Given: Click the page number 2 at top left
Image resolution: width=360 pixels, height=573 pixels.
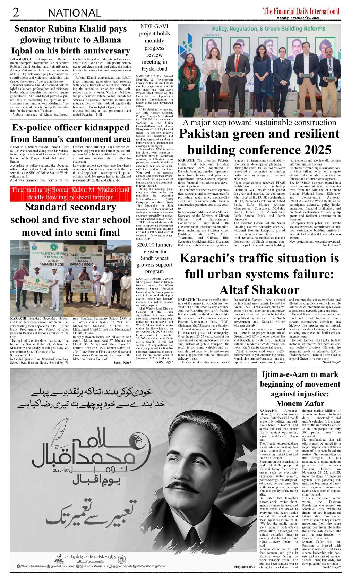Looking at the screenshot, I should [15, 12].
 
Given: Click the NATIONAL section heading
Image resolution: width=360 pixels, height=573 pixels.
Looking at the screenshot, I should [75, 13].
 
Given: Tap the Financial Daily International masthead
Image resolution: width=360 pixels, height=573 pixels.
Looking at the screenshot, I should [301, 11].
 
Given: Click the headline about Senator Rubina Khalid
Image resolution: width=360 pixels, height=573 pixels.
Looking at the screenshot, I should [70, 40].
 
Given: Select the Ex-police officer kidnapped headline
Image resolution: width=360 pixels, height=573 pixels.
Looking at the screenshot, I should [70, 133].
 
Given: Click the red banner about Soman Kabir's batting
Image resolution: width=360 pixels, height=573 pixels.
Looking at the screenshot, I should [71, 194].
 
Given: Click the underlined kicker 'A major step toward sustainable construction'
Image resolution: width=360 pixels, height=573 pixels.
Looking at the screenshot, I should [259, 123].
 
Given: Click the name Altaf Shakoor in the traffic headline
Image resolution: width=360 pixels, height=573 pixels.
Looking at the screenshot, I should [259, 290].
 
